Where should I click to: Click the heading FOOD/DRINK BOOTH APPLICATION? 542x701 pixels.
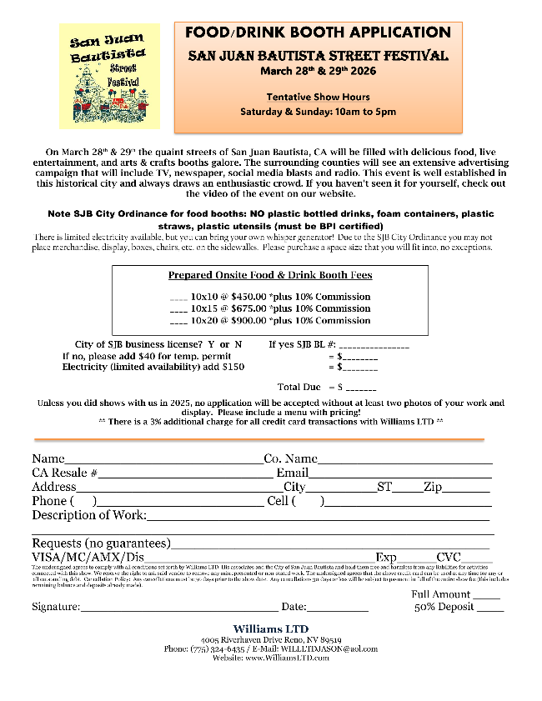click(x=318, y=33)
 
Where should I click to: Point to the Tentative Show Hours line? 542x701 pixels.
click(x=318, y=97)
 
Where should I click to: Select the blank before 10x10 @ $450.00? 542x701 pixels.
click(x=178, y=298)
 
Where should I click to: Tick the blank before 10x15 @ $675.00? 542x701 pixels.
click(x=178, y=309)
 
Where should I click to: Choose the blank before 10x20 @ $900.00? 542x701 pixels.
click(x=178, y=321)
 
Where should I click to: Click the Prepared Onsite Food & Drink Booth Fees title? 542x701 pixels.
click(x=270, y=275)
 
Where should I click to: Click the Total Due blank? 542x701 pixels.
click(x=361, y=388)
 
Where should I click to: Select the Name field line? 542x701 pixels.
click(x=163, y=460)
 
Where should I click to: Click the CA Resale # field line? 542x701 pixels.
click(x=181, y=474)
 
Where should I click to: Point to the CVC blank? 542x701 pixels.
click(x=476, y=558)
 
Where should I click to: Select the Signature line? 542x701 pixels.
click(x=179, y=608)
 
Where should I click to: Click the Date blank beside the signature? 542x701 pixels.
click(x=338, y=608)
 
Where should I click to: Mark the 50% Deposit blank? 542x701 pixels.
click(x=490, y=608)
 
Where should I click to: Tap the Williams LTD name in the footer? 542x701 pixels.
click(x=270, y=628)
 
